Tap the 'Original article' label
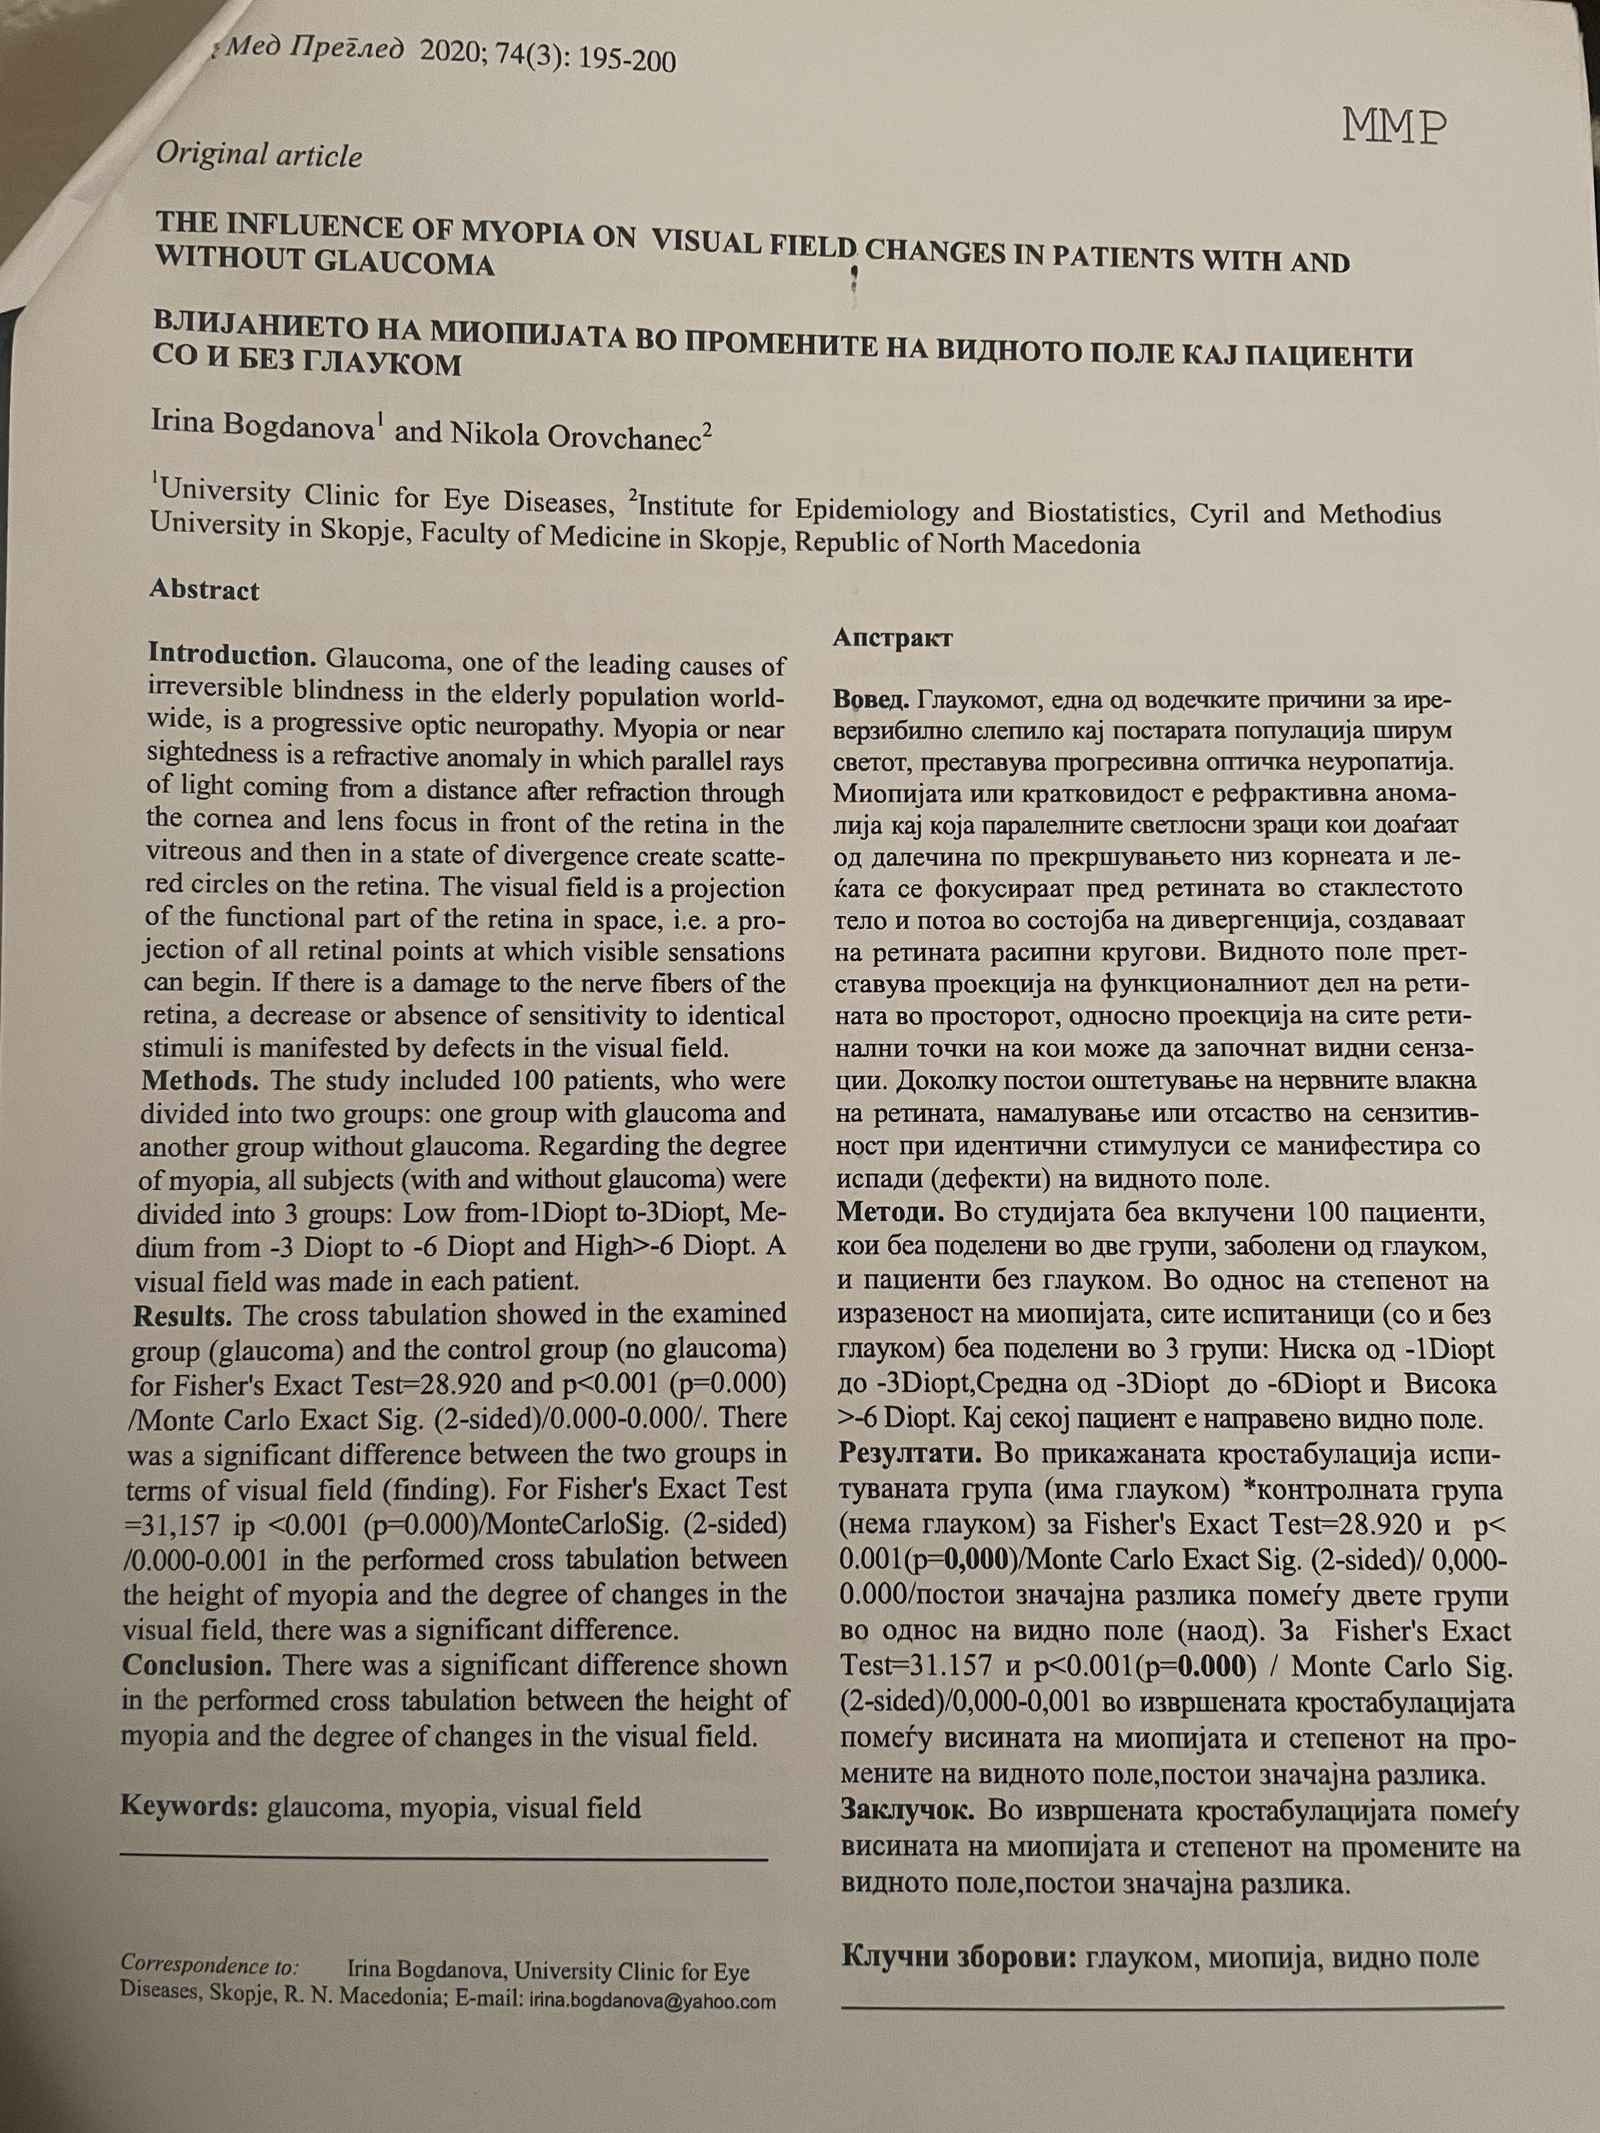pos(259,154)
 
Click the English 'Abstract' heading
pos(204,590)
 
